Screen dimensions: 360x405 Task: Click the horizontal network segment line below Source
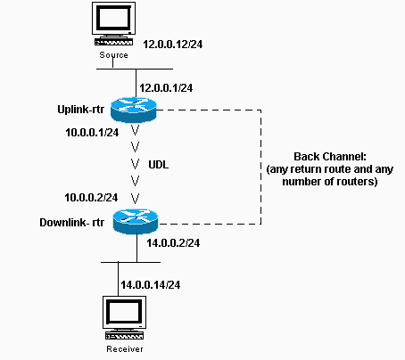(135, 68)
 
